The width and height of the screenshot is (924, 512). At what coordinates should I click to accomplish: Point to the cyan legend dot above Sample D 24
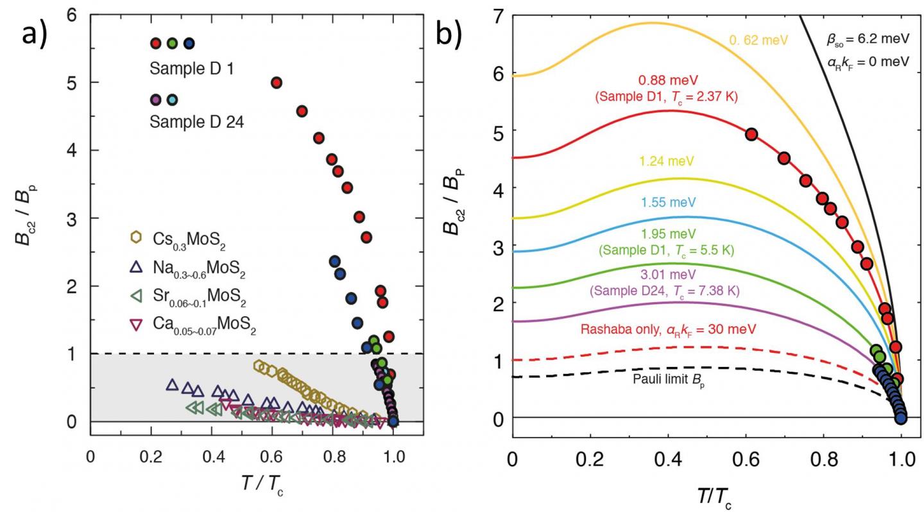pos(172,100)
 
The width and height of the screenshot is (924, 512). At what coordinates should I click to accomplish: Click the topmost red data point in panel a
pos(277,82)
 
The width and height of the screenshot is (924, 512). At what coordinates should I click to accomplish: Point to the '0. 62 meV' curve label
pos(758,40)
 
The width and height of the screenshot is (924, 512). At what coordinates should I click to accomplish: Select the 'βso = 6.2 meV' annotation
pos(868,38)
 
